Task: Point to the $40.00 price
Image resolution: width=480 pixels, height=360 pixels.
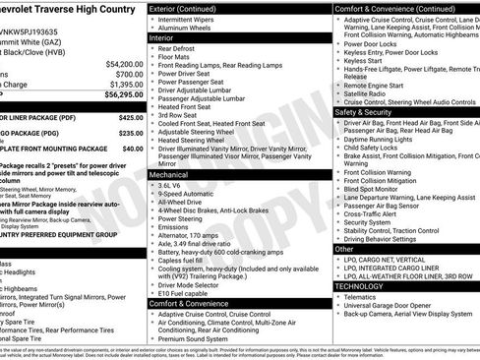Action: pyautogui.click(x=132, y=148)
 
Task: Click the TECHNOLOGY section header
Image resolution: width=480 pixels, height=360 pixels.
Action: pyautogui.click(x=369, y=285)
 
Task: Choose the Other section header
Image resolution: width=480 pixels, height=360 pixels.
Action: pyautogui.click(x=345, y=249)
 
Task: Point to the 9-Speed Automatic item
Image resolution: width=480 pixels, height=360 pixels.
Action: pyautogui.click(x=193, y=195)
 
